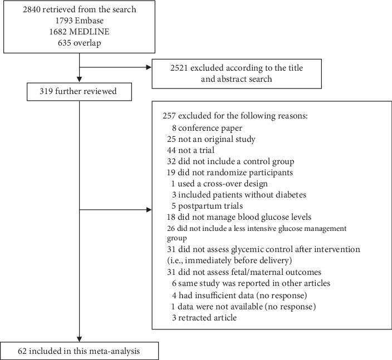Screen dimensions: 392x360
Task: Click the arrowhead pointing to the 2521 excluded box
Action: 148,68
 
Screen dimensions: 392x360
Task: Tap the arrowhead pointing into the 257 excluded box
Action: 148,210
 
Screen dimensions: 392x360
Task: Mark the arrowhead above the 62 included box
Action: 80,339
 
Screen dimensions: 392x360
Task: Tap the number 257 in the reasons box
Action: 169,117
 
